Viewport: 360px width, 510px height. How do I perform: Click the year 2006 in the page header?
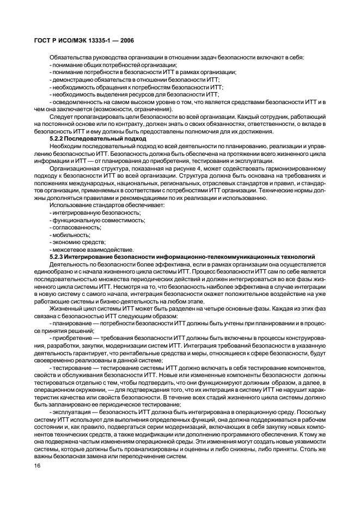tap(126, 40)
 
